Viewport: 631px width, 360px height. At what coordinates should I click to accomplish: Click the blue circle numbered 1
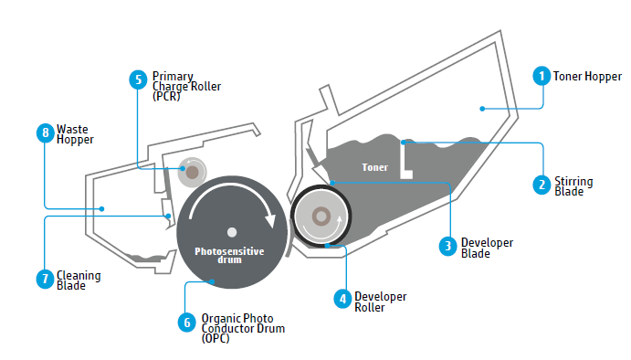pyautogui.click(x=542, y=76)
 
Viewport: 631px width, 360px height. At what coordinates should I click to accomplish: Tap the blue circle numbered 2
pyautogui.click(x=542, y=185)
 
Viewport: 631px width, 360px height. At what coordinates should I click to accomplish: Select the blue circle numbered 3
pyautogui.click(x=447, y=246)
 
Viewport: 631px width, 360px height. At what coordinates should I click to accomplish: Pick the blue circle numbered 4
pyautogui.click(x=342, y=299)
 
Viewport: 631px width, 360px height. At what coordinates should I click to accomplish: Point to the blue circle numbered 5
pyautogui.click(x=138, y=79)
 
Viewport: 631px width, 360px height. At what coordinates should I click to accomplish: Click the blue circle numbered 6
pyautogui.click(x=187, y=323)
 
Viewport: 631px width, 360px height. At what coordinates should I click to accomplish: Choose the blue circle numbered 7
pyautogui.click(x=45, y=280)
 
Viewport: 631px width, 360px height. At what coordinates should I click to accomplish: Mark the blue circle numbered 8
pyautogui.click(x=45, y=132)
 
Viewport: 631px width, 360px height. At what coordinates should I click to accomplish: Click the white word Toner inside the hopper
pyautogui.click(x=374, y=167)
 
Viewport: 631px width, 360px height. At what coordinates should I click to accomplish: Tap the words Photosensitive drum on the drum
pyautogui.click(x=229, y=255)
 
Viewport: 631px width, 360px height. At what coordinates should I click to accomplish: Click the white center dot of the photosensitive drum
pyautogui.click(x=232, y=232)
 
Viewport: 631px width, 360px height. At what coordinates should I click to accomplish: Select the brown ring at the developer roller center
pyautogui.click(x=321, y=217)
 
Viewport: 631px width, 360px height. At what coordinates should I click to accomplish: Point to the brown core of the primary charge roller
pyautogui.click(x=192, y=172)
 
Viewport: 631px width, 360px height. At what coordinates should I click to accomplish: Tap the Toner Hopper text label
pyautogui.click(x=587, y=76)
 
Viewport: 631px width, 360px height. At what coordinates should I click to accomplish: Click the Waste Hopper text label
pyautogui.click(x=75, y=134)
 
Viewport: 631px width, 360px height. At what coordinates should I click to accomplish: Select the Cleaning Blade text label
pyautogui.click(x=79, y=281)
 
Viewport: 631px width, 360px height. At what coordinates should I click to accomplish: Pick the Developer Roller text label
pyautogui.click(x=380, y=302)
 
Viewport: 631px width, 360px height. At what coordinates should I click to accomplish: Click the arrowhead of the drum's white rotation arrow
pyautogui.click(x=270, y=220)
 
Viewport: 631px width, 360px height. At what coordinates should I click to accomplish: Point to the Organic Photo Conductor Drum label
pyautogui.click(x=243, y=328)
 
